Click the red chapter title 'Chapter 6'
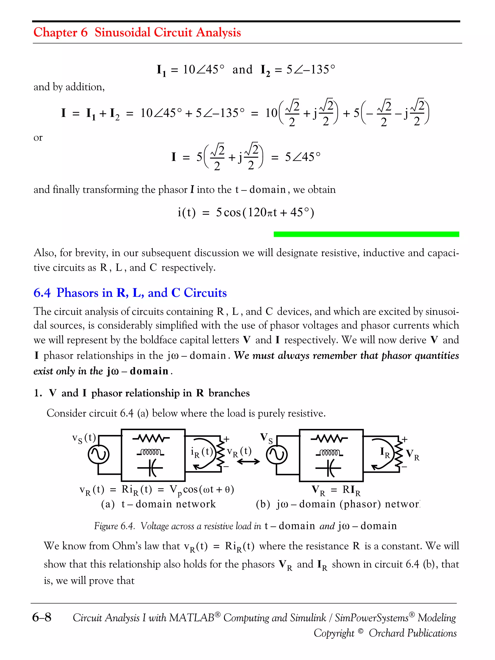point(61,32)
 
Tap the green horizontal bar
point(366,234)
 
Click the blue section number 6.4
point(42,293)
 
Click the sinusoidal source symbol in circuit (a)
point(98,455)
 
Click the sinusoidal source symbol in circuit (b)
point(277,455)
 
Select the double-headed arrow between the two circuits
point(248,462)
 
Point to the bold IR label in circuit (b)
point(385,453)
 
